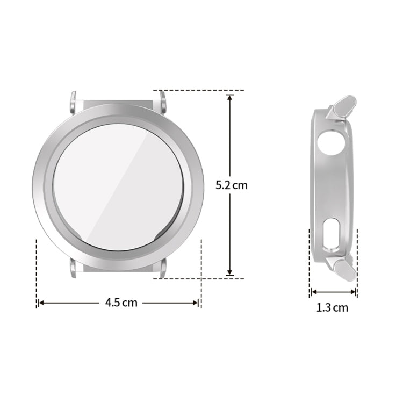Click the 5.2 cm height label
(x=231, y=185)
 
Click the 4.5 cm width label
(x=121, y=303)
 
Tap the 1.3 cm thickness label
(x=332, y=308)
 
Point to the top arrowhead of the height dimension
(x=230, y=98)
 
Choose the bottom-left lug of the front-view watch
(x=73, y=268)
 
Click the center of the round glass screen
(x=118, y=186)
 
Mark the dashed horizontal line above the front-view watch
(x=199, y=90)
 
